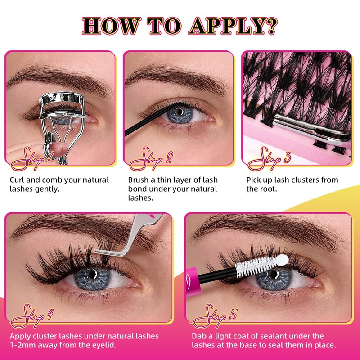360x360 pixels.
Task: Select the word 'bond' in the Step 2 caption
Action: pyautogui.click(x=138, y=189)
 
